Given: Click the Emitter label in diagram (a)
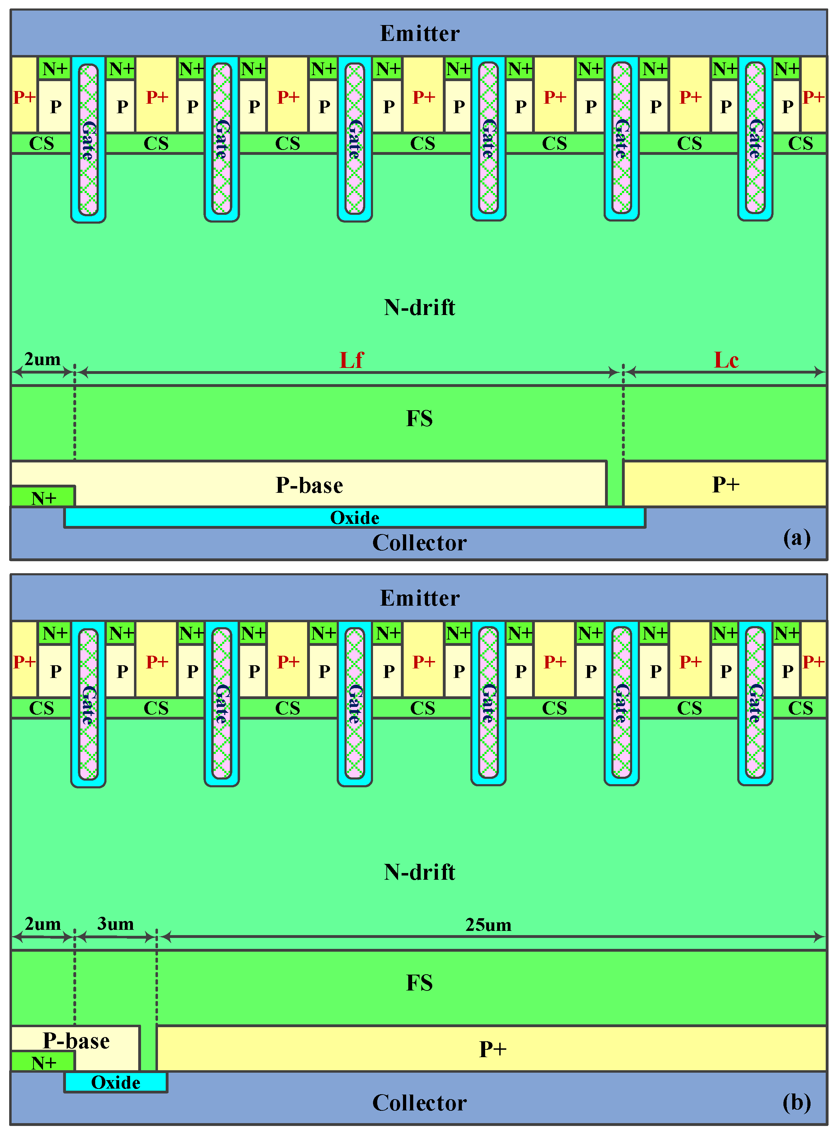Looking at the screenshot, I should pos(420,34).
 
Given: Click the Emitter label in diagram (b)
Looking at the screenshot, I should pos(420,598).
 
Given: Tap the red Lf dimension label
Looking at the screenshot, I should pos(351,360).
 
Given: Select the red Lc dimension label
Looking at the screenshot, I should pos(726,360).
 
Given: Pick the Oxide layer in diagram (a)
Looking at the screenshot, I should pos(355,517).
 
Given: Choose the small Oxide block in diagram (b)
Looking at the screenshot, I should pos(116,1082).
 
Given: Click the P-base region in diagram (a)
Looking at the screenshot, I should pos(309,485).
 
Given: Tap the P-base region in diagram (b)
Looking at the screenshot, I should pos(76,1041).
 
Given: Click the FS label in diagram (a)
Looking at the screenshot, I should pos(420,419).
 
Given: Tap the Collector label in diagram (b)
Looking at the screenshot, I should pos(420,1103).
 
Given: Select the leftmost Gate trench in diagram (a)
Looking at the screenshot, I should pos(88,139).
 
